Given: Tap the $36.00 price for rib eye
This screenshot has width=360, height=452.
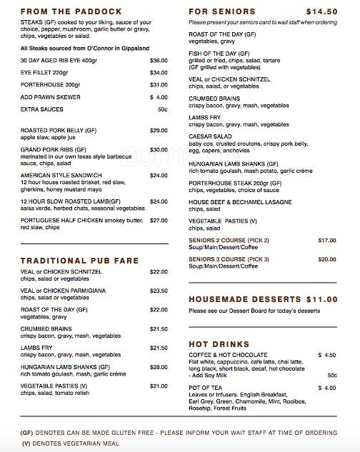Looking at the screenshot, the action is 158,60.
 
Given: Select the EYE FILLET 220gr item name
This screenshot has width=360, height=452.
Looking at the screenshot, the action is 45,72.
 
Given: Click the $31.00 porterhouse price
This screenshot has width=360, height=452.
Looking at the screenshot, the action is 158,84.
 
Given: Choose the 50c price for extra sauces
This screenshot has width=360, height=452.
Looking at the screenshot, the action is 162,109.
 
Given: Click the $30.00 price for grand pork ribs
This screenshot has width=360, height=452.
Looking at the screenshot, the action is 158,150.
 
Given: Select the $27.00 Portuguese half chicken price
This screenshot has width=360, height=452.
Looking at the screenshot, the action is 158,221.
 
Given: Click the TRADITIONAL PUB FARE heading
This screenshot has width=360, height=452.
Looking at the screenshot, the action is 79,261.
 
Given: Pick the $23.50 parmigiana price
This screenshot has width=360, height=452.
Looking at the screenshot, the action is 158,291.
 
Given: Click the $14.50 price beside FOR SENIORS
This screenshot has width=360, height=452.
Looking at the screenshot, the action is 321,12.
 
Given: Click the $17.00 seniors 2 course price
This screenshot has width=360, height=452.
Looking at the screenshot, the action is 326,240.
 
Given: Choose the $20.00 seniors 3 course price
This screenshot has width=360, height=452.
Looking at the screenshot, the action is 326,258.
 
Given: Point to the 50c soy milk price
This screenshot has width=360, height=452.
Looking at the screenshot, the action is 331,375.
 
